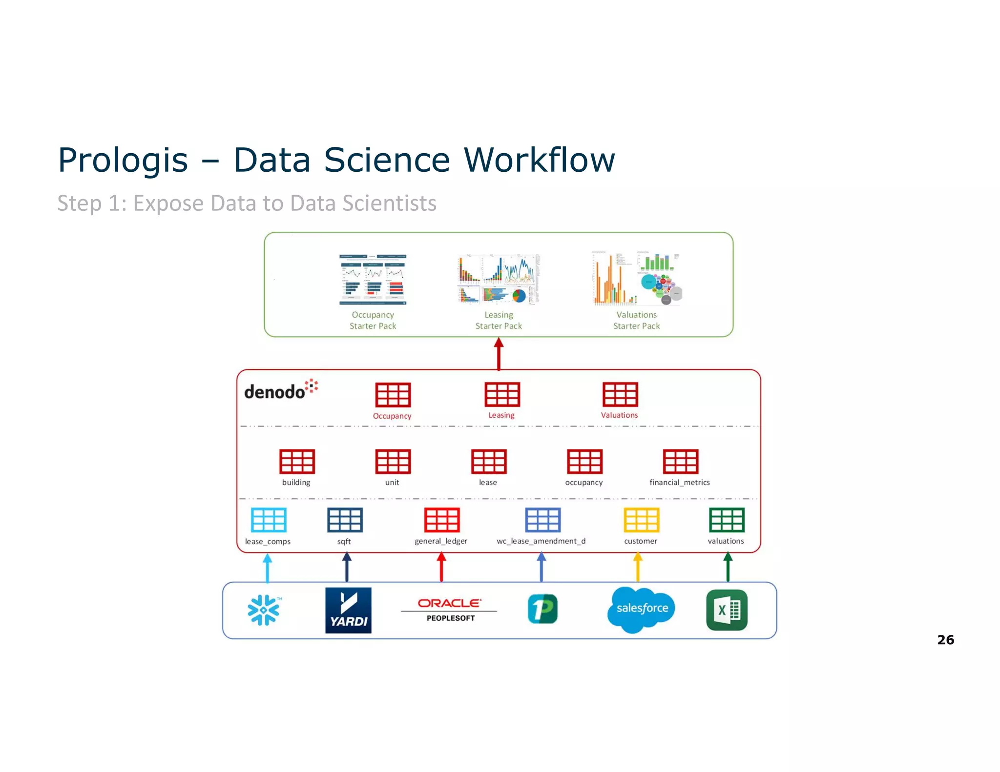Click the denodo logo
pos(280,390)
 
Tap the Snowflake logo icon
pos(264,609)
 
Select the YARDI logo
pos(348,610)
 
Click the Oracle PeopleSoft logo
pos(449,609)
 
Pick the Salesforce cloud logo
pos(642,609)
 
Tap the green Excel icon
pos(727,610)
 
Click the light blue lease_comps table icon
pos(268,520)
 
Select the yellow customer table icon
pos(641,520)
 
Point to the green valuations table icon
pos(727,520)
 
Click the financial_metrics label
pos(679,482)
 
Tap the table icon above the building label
pos(297,462)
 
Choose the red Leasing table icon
pos(502,394)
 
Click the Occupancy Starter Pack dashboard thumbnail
pos(373,279)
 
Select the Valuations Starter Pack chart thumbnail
pos(637,279)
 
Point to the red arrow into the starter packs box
pos(499,354)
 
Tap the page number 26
pos(945,640)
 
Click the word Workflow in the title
pos(539,160)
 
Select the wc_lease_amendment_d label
pos(541,541)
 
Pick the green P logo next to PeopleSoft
pos(542,609)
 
